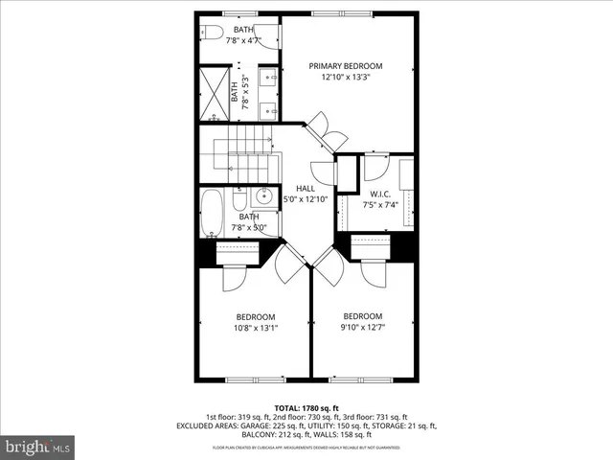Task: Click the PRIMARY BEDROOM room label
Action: pyautogui.click(x=345, y=66)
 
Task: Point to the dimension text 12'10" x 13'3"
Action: pyautogui.click(x=345, y=78)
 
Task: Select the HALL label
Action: pyautogui.click(x=306, y=188)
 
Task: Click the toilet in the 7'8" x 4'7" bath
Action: pyautogui.click(x=212, y=33)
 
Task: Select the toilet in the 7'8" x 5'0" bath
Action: pyautogui.click(x=265, y=199)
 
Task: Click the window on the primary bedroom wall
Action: pyautogui.click(x=345, y=13)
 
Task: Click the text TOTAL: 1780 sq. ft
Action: pyautogui.click(x=306, y=406)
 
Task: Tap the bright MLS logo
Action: pyautogui.click(x=38, y=447)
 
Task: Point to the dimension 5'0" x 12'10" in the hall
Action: pyautogui.click(x=306, y=199)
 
